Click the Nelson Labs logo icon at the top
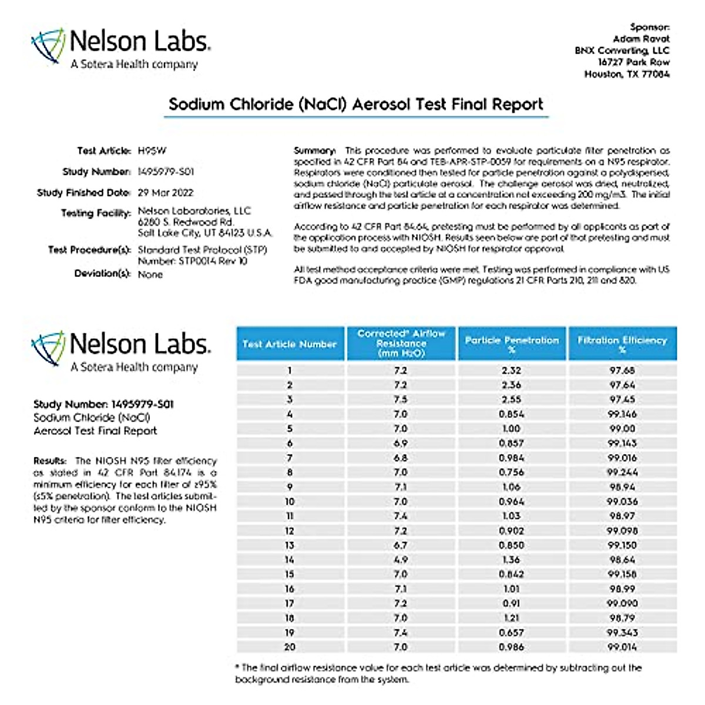click(x=48, y=45)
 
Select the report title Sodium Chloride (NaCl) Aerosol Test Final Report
click(x=355, y=105)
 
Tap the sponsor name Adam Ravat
click(x=641, y=39)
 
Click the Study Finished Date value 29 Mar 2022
click(x=165, y=193)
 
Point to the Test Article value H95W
click(x=152, y=151)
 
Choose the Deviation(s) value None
click(x=150, y=274)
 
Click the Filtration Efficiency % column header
click(x=622, y=344)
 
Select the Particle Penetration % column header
click(x=512, y=344)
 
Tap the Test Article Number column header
click(x=290, y=344)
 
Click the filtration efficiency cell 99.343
click(x=622, y=633)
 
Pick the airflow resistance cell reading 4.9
click(x=401, y=560)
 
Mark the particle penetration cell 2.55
click(x=511, y=399)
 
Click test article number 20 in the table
click(x=290, y=647)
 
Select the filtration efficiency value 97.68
click(x=622, y=371)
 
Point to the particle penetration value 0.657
click(x=511, y=633)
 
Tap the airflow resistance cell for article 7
click(x=401, y=458)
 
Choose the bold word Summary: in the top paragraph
click(x=315, y=151)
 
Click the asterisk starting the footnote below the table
click(x=237, y=667)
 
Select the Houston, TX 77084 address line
click(x=626, y=74)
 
